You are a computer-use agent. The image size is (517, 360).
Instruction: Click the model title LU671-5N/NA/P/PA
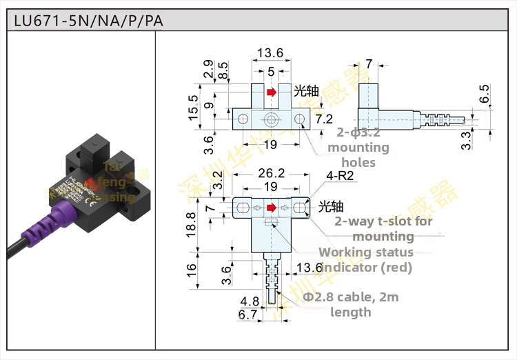pos(89,21)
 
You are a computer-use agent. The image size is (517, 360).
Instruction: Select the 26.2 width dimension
pos(270,174)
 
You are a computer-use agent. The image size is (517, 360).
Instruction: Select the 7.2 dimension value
pos(323,119)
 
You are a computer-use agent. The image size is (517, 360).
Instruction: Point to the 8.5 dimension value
pos(223,70)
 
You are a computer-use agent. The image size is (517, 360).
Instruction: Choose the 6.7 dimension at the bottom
pos(247,315)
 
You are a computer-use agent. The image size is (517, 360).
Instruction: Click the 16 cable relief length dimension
pos(192,271)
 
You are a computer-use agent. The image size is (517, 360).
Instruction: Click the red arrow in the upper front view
pos(272,92)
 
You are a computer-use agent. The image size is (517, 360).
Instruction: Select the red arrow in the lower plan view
pos(272,207)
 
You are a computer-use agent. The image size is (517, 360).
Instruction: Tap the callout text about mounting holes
pos(358,148)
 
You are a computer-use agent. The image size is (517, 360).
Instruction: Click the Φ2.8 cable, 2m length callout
pos(351,304)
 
